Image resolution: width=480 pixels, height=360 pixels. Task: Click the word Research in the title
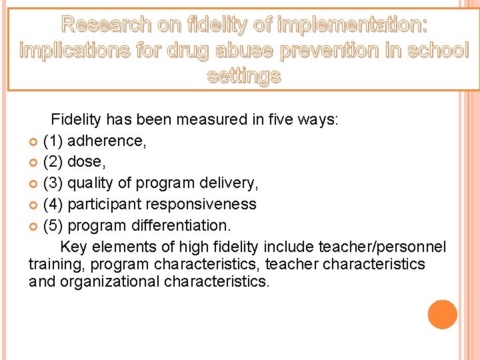point(103,25)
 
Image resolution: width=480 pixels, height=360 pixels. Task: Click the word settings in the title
point(244,76)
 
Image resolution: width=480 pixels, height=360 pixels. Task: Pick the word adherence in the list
point(107,141)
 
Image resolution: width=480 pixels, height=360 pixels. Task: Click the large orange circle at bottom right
point(442,315)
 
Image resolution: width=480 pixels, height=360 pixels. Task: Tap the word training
point(53,264)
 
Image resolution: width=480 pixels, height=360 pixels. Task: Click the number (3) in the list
point(53,183)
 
